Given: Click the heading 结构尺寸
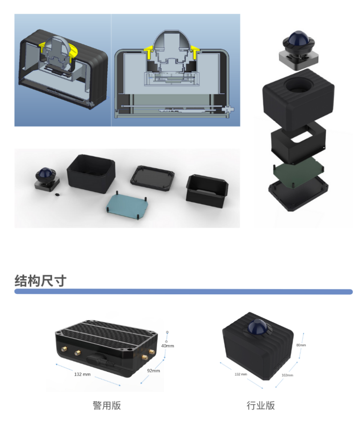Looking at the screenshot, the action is tap(40, 281).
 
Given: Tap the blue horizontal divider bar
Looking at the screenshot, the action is tap(183, 292).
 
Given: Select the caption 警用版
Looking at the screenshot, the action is tap(107, 406).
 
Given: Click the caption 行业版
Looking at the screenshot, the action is tap(260, 406).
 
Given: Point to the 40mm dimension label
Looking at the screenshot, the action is tap(167, 346).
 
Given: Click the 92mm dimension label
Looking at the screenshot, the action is tap(154, 371).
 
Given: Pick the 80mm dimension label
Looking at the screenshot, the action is tap(301, 345).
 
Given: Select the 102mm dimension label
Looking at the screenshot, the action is tap(287, 375).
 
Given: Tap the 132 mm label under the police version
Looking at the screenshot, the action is tap(82, 374).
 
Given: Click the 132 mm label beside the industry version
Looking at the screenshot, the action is tap(241, 374).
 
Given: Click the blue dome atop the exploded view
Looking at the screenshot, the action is tap(298, 39).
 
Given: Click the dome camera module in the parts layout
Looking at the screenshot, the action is tap(47, 179).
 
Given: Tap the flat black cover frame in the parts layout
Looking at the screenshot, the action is tap(152, 178).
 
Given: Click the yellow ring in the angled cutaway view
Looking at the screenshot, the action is tap(73, 51).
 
